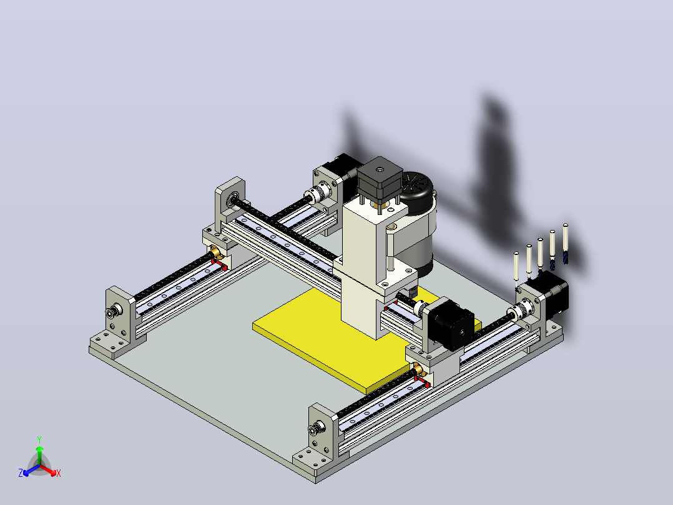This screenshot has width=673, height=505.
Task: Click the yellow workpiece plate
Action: point(326,339)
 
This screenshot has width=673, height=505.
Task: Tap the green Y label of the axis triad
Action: point(39,440)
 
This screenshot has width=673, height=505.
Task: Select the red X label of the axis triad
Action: point(59,473)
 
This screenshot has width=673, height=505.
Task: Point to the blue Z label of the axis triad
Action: point(21,473)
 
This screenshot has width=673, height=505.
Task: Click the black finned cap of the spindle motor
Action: point(416,192)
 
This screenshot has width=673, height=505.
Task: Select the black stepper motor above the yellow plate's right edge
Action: point(451,324)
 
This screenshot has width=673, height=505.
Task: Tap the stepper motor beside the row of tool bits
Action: point(548,296)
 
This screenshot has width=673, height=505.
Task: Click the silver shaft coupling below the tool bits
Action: point(520,311)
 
